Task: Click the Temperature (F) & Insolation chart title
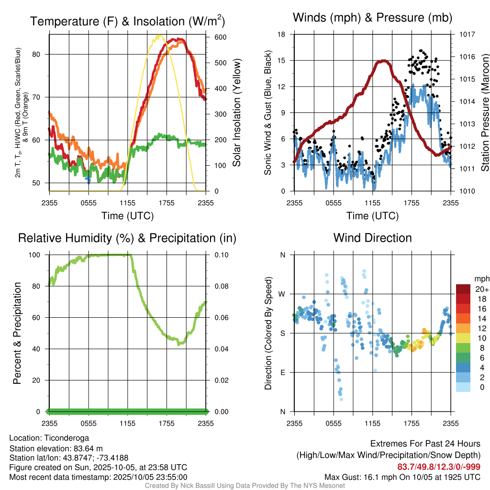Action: [x=127, y=22]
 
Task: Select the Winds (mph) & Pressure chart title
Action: [x=372, y=18]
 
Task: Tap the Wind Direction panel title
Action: [x=372, y=238]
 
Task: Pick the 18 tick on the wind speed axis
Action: [x=282, y=34]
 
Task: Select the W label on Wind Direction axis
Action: [x=282, y=294]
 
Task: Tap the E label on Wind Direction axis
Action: [x=282, y=372]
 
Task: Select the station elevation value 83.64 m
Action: [x=87, y=448]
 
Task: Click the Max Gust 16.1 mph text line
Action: [x=402, y=477]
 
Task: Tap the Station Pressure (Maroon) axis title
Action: [x=485, y=112]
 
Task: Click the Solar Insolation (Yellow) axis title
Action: [x=236, y=112]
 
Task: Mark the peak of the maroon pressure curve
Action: [x=383, y=61]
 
